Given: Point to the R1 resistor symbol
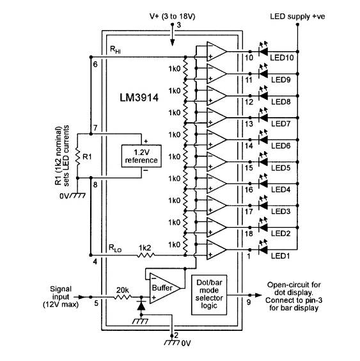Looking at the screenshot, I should pos(77,154).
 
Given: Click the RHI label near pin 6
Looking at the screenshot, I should pos(114,49).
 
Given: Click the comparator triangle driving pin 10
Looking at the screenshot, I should pos(217,50).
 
